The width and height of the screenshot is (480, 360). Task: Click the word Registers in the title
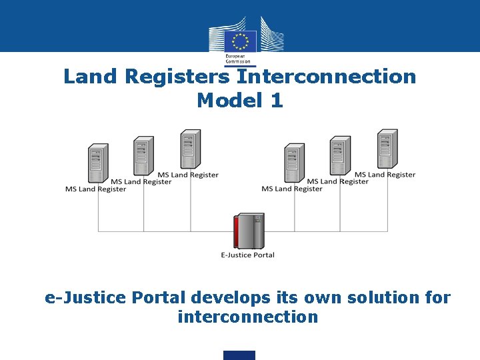(x=177, y=77)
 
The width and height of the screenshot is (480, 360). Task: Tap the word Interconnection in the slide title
(x=326, y=77)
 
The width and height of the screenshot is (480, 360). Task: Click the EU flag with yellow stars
(x=240, y=41)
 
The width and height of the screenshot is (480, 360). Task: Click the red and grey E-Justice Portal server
(x=248, y=231)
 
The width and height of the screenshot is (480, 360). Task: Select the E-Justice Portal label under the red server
(x=247, y=255)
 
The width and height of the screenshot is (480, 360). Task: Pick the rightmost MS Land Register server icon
(x=387, y=149)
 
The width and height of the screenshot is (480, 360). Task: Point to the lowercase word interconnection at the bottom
(x=247, y=317)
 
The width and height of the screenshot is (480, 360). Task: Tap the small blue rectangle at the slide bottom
(x=239, y=355)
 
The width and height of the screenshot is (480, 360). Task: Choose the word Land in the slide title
(x=91, y=77)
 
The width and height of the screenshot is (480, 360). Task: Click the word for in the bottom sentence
(x=436, y=297)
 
